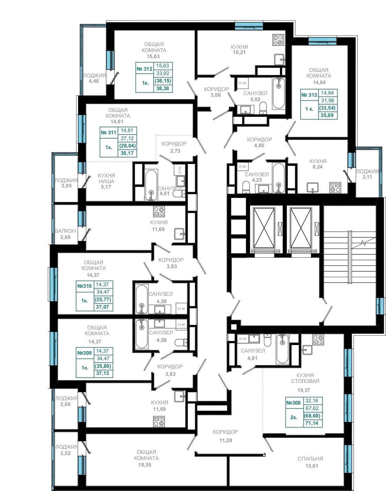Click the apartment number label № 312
(145, 69)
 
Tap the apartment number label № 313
(309, 95)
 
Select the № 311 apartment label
(108, 132)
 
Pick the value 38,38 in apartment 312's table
(163, 88)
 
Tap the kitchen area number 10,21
(239, 52)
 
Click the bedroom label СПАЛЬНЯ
(310, 458)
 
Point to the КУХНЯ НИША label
(106, 178)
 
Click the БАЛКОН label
(65, 231)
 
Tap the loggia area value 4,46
(94, 81)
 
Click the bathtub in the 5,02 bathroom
(279, 93)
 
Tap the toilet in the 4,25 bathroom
(246, 187)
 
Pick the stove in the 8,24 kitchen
(335, 188)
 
